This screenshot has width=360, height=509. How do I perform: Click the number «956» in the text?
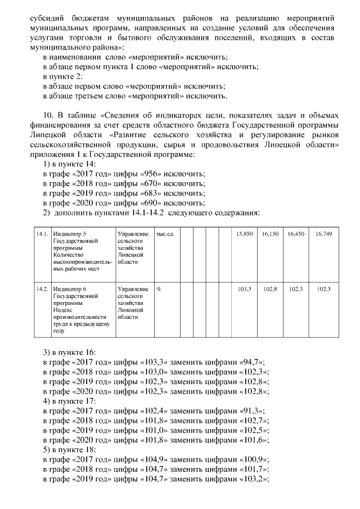146,173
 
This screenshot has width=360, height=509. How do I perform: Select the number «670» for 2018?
146,183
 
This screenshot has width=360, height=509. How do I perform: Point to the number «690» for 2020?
146,203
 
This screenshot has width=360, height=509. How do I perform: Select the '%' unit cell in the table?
159,289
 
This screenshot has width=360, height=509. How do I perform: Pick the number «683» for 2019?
146,193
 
